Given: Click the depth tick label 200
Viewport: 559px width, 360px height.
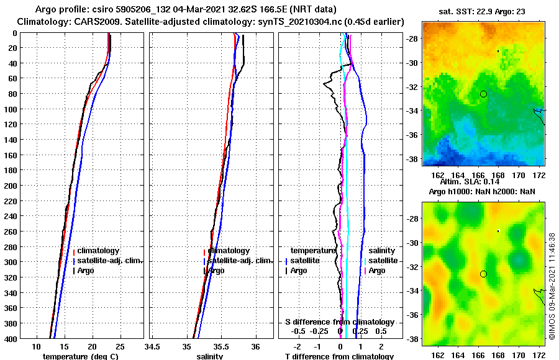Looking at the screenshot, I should (x=11, y=186).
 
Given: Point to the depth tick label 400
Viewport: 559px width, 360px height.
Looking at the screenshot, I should (x=11, y=339).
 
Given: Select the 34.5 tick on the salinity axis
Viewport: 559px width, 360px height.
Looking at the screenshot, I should (x=153, y=346).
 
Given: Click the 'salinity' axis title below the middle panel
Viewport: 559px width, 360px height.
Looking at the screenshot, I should (x=211, y=356).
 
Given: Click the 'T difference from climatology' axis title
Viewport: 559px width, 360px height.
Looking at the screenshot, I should (x=339, y=356).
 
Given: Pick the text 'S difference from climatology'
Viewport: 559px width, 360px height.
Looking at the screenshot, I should (x=339, y=322).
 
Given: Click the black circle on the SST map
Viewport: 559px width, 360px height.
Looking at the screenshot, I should (x=483, y=94).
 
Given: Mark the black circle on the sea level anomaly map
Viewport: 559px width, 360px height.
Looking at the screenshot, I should (x=483, y=274).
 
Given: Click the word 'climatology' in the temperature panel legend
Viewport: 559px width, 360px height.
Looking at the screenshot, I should (x=98, y=251).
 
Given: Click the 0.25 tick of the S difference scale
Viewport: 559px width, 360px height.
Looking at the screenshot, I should (x=360, y=331).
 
